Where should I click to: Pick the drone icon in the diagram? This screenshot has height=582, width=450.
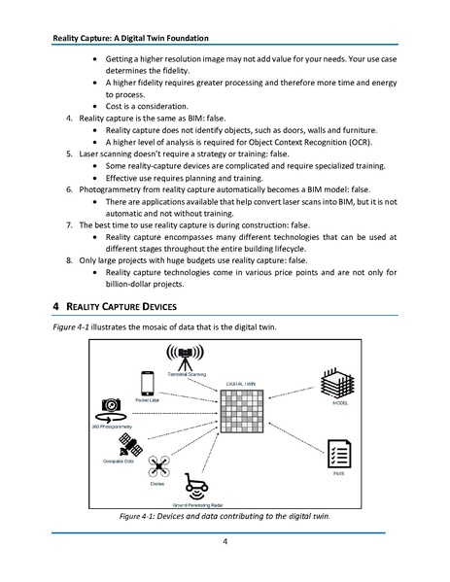coord(156,469)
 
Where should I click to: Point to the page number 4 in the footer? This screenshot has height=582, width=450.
coord(225,541)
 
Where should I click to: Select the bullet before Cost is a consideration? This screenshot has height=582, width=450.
coord(93,106)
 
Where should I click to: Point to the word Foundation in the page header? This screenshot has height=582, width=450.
coord(200,39)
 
